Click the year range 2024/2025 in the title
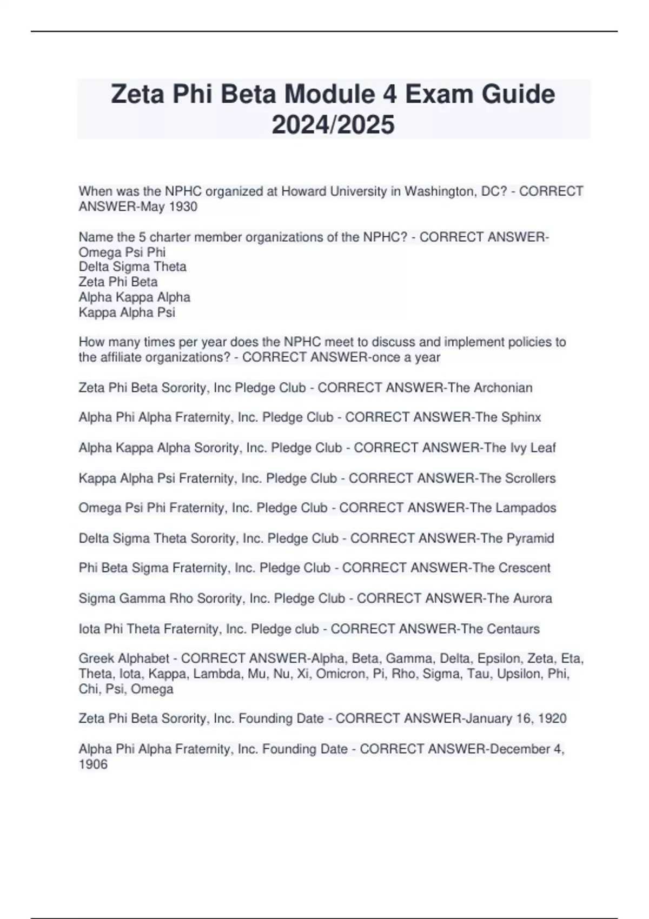pyautogui.click(x=333, y=125)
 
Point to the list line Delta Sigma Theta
pyautogui.click(x=133, y=267)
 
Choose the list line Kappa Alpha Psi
pyautogui.click(x=127, y=312)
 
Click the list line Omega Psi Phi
pyautogui.click(x=122, y=252)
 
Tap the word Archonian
pyautogui.click(x=503, y=388)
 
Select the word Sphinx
pyautogui.click(x=521, y=417)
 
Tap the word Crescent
pyautogui.click(x=524, y=568)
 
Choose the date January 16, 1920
pyautogui.click(x=515, y=718)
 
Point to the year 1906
pyautogui.click(x=93, y=764)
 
